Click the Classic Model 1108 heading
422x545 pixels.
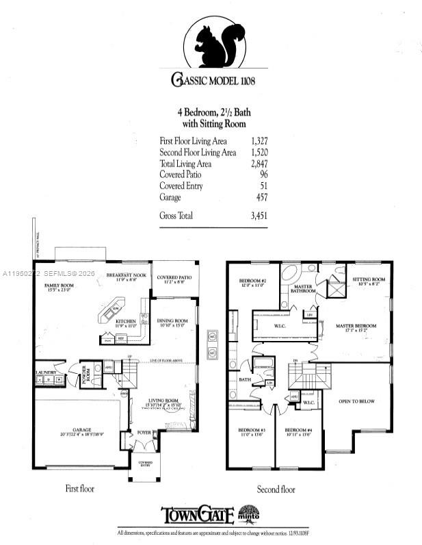pos(213,79)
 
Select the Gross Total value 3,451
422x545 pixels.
pos(258,216)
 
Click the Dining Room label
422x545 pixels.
pos(172,321)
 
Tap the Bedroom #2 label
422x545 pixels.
pos(252,281)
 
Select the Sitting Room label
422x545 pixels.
pos(369,279)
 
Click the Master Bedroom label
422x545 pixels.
pos(355,326)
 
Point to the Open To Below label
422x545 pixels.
pos(356,401)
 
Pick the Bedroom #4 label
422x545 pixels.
pos(298,431)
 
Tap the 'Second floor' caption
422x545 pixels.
pos(276,490)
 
